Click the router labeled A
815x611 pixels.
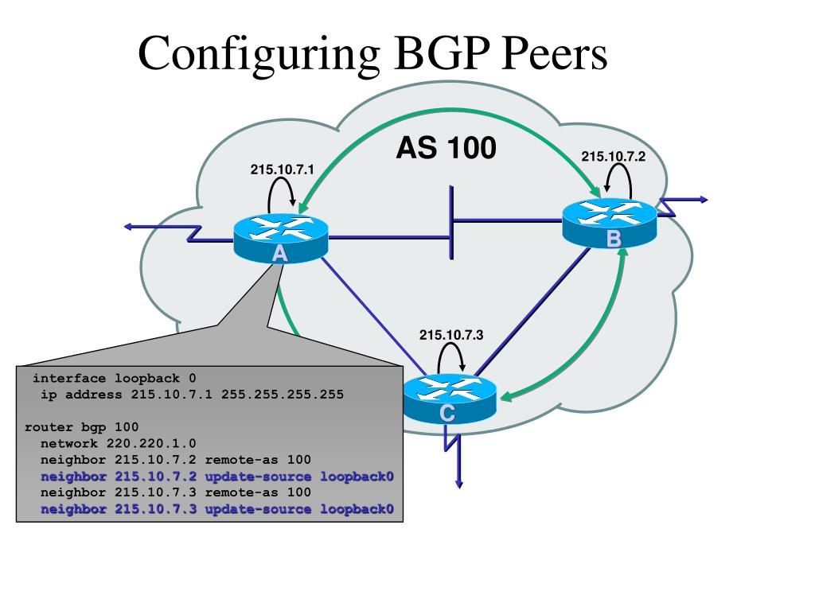[x=281, y=238]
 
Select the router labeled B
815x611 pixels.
[x=610, y=223]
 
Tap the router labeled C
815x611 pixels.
[x=450, y=399]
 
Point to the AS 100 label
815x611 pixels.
[x=446, y=147]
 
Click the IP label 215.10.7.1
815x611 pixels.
[x=283, y=169]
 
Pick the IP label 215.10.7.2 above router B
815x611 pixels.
[x=614, y=157]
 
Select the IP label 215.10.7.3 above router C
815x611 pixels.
[x=451, y=335]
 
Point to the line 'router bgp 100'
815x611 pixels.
[x=82, y=427]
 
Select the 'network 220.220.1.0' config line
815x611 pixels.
[x=119, y=443]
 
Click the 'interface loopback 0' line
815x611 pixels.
[x=115, y=378]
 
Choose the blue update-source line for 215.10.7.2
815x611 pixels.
[x=217, y=477]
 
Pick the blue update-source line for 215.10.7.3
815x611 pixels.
[x=217, y=508]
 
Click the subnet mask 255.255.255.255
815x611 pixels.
[x=283, y=395]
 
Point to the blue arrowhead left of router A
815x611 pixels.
[x=128, y=226]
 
